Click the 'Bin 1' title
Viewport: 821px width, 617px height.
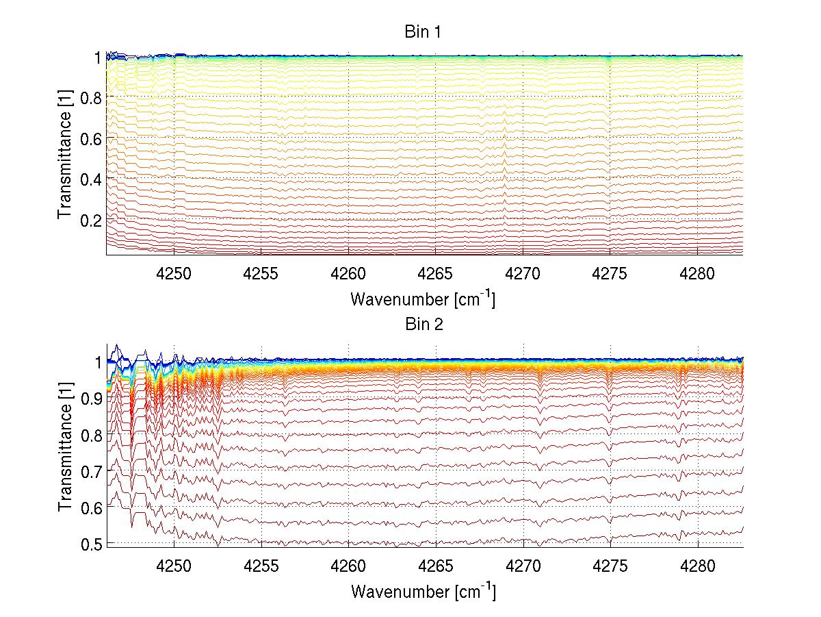pos(424,32)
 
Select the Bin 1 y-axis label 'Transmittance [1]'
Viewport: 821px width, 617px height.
pos(65,155)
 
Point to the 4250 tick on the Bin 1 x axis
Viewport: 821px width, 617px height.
pos(174,275)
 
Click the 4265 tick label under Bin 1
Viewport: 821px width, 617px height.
pos(436,275)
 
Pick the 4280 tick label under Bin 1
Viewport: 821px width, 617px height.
pos(698,275)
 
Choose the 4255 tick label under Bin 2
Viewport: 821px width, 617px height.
pos(261,568)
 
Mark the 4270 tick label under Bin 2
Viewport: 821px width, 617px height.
pos(523,568)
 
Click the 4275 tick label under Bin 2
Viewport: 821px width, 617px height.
pos(610,568)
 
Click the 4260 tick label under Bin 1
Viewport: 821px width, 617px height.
pos(349,275)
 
